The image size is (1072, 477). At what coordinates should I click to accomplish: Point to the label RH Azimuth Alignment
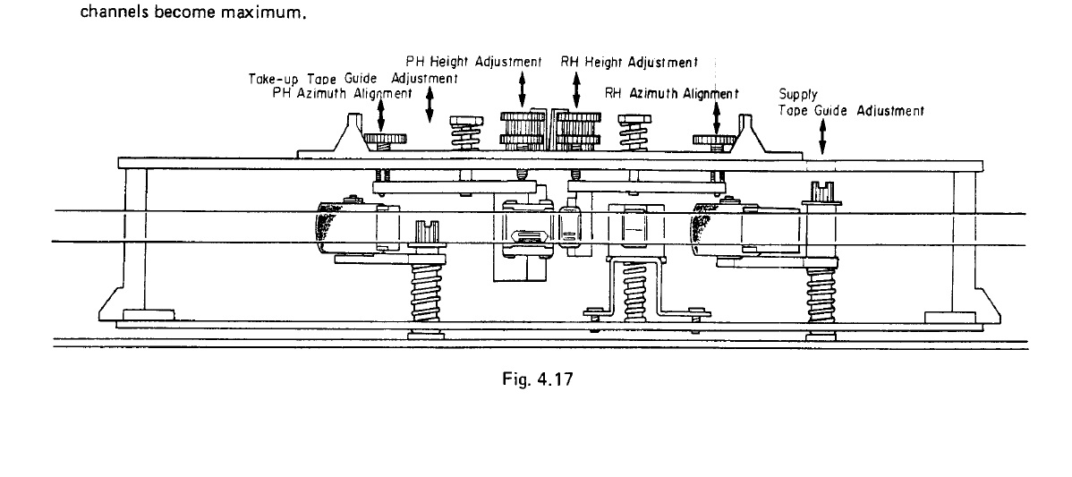pos(671,93)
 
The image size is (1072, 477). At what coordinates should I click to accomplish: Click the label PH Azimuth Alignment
pos(341,93)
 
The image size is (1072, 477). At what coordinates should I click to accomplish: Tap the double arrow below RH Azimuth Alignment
pos(716,116)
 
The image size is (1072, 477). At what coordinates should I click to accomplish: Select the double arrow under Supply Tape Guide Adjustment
pos(821,139)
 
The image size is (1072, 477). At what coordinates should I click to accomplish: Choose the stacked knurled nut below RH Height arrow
pos(578,132)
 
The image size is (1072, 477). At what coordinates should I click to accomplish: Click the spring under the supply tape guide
pos(821,296)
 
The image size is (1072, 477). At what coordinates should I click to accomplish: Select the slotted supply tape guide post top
pos(821,190)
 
